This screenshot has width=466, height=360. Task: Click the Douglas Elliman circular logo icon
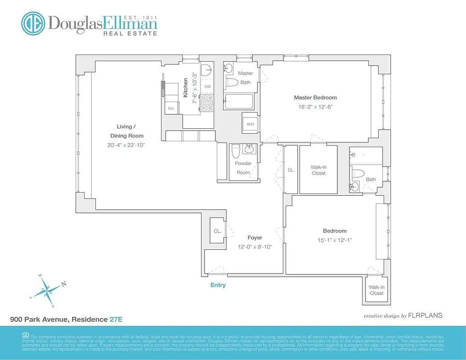(33, 23)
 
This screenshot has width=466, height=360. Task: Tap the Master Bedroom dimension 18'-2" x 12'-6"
(315, 107)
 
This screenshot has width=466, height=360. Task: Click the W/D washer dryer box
(250, 125)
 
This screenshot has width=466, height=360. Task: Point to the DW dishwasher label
(207, 86)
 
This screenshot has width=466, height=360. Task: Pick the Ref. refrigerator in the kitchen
(171, 108)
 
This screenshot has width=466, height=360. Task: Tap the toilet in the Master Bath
(231, 82)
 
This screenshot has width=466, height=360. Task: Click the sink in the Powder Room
(248, 149)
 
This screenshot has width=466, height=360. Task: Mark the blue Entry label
(218, 285)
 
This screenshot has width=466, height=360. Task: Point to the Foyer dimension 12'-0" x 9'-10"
(255, 247)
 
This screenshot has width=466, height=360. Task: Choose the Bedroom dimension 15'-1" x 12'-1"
(334, 240)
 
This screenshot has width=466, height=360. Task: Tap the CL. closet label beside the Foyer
(217, 231)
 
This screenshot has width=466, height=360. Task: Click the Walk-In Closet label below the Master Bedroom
(318, 170)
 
